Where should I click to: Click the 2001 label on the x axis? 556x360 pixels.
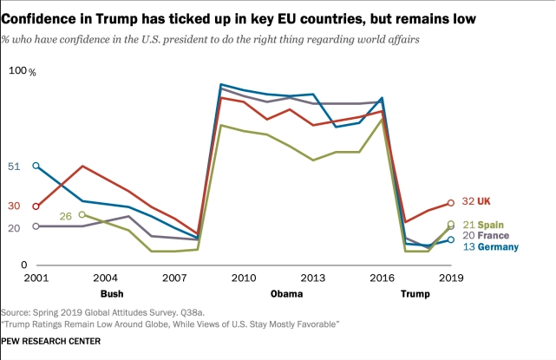click(36, 278)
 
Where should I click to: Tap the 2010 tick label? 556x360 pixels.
click(243, 278)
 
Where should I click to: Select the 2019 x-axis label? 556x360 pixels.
click(449, 278)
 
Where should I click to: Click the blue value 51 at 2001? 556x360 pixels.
click(14, 166)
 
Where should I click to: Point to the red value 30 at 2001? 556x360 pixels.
click(14, 206)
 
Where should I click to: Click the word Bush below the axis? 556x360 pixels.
click(100, 293)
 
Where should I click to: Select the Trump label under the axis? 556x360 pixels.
click(414, 293)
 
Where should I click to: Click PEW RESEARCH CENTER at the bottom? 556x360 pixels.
click(50, 341)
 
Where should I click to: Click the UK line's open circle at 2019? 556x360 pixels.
click(450, 203)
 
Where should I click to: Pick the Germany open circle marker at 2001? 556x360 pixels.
click(36, 166)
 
